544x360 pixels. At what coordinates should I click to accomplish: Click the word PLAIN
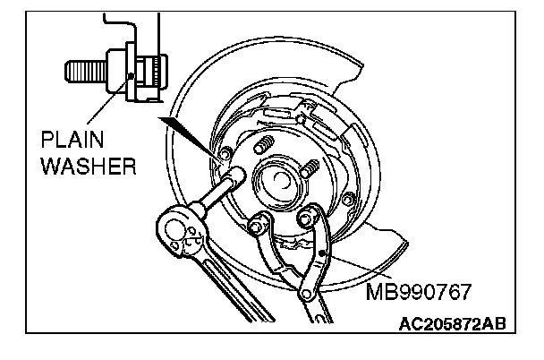point(71,141)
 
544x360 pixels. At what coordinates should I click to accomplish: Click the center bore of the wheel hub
point(275,178)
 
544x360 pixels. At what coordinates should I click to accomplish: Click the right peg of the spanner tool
point(313,216)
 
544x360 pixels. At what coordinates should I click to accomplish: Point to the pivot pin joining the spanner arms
point(303,287)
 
